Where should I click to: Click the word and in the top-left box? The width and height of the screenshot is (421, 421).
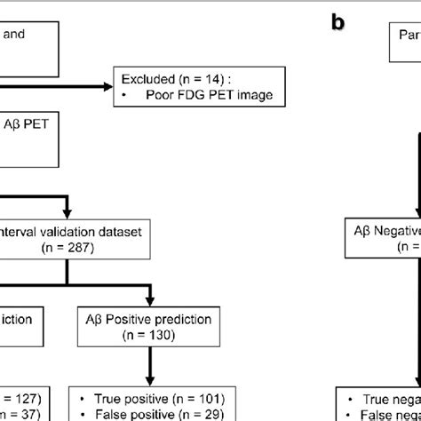[x=16, y=36]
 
